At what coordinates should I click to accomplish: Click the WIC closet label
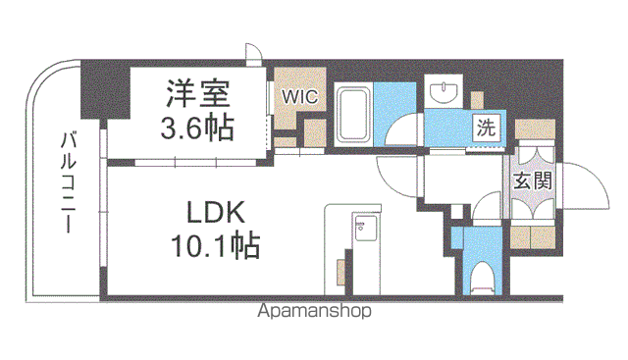tap(299, 97)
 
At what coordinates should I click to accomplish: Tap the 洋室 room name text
tap(198, 94)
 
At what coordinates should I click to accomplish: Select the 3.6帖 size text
tap(197, 128)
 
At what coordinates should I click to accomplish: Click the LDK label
tap(216, 212)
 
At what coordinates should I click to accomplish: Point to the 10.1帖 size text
tap(216, 244)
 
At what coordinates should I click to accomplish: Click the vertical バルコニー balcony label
tap(69, 182)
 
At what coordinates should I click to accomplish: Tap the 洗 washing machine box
tap(486, 129)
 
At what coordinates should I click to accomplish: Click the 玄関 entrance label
tap(533, 180)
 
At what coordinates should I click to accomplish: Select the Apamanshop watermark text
tap(314, 311)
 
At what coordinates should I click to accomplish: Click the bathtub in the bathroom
tap(353, 116)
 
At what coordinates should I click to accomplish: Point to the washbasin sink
tap(444, 91)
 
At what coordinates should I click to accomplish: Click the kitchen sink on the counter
tap(364, 228)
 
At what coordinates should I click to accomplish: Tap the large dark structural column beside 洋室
tap(105, 89)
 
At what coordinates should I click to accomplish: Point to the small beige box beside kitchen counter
tap(341, 273)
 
